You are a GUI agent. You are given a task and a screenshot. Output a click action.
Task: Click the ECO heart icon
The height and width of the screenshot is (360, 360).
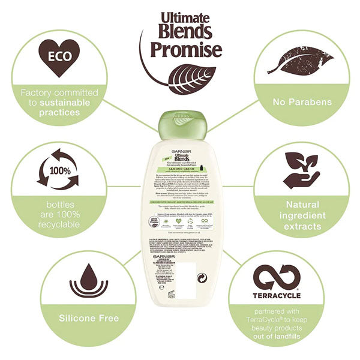59,58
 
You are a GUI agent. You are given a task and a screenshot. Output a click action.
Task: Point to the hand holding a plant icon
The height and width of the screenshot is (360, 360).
301,170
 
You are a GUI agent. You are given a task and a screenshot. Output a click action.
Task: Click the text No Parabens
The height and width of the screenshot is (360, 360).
302,102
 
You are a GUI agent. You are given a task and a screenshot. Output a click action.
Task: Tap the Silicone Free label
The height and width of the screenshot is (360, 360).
89,318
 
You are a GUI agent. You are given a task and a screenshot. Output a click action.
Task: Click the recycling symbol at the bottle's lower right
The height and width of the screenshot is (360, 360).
202,278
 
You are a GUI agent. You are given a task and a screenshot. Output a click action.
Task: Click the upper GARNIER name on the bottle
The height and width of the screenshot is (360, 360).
180,151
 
